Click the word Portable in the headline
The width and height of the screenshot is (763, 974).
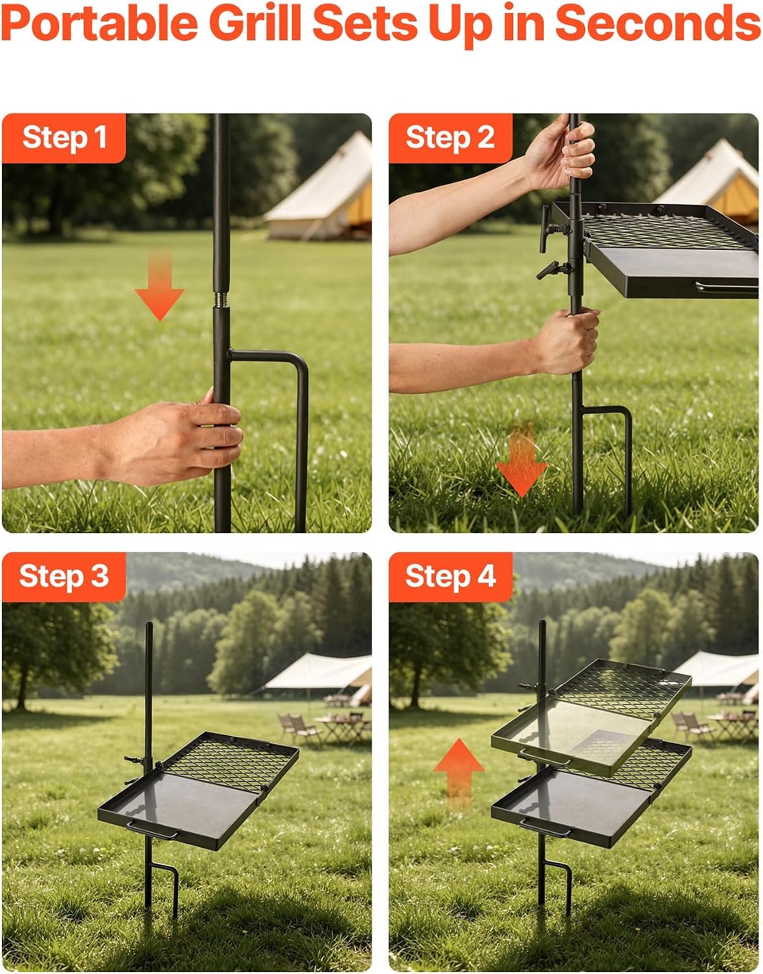click(99, 24)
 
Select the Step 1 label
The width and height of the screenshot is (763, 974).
click(64, 137)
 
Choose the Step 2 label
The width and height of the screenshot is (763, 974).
click(450, 137)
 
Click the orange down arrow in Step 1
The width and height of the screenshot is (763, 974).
click(160, 286)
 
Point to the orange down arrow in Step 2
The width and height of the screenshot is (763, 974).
click(522, 460)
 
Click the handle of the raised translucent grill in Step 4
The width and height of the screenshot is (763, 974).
click(544, 758)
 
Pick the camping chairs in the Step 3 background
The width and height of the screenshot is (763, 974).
click(300, 729)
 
